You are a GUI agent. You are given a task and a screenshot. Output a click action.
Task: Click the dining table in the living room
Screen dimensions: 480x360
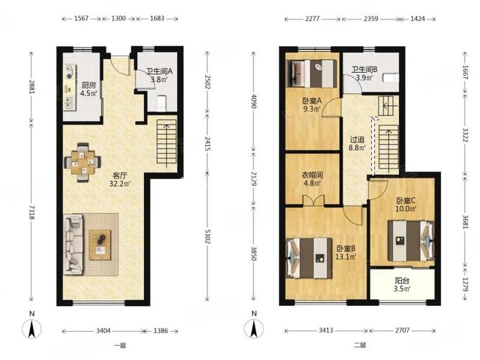click(x=82, y=163)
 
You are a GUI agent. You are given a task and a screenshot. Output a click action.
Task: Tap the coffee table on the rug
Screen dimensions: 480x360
click(x=100, y=245)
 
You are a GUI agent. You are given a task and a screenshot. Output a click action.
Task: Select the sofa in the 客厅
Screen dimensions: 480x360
click(x=73, y=245)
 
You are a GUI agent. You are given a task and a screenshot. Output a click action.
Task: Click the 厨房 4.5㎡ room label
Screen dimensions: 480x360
click(x=89, y=89)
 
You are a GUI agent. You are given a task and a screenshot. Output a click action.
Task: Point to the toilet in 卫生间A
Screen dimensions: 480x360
click(x=161, y=103)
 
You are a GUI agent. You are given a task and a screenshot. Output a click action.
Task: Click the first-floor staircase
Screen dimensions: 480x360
click(x=166, y=143)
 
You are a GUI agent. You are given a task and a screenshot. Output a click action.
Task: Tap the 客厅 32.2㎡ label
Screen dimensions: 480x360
click(x=119, y=179)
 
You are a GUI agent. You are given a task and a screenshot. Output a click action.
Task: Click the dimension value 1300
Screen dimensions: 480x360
click(x=119, y=19)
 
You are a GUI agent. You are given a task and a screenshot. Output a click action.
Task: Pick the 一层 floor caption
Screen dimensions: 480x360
click(x=120, y=346)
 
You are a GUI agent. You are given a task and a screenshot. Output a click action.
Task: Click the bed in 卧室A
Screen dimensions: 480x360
click(x=312, y=73)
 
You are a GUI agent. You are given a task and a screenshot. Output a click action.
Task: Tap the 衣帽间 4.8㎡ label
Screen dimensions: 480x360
click(x=312, y=179)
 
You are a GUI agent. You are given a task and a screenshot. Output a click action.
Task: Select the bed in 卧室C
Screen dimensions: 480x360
click(x=411, y=240)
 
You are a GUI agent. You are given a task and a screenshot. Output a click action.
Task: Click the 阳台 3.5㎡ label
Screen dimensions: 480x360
click(x=402, y=284)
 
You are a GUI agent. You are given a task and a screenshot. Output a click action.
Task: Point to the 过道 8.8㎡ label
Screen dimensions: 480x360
click(x=357, y=144)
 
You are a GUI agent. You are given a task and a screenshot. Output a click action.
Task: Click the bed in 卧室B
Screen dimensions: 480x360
click(x=309, y=258)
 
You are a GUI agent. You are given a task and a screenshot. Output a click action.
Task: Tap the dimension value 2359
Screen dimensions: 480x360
click(x=371, y=19)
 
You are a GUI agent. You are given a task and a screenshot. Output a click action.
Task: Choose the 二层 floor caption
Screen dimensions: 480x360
click(x=360, y=346)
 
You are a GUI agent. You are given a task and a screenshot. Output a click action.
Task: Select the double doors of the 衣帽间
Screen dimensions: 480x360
click(x=314, y=200)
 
